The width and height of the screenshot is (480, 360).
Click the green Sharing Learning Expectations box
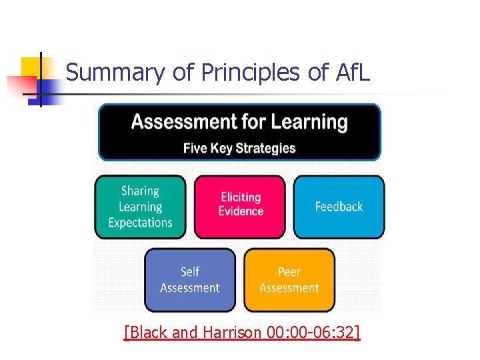point(140,207)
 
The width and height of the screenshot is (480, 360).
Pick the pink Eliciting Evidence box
point(240,207)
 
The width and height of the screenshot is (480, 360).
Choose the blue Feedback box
point(339,207)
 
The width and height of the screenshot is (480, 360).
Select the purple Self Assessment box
point(190,280)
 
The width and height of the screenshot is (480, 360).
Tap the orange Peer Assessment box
point(289,280)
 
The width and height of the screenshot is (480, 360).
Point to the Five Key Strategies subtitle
point(239,148)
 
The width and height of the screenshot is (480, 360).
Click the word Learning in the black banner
point(308,122)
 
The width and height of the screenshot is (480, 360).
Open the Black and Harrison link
point(242,331)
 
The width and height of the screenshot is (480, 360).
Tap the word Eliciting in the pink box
point(241,197)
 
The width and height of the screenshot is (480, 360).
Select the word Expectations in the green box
point(140,223)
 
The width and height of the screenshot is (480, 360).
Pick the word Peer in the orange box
point(289,272)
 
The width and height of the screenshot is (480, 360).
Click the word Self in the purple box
point(190,272)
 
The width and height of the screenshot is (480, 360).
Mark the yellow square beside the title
point(31,67)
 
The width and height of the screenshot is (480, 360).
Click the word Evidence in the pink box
point(241,211)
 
